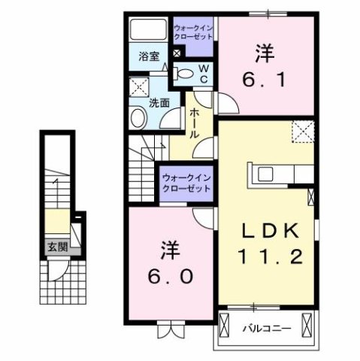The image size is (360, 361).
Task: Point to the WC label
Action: coord(203,71)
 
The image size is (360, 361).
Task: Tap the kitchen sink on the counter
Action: coord(267,174)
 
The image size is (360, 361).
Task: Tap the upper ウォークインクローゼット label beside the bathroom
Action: coord(193,33)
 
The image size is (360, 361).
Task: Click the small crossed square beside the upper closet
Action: coord(177,53)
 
